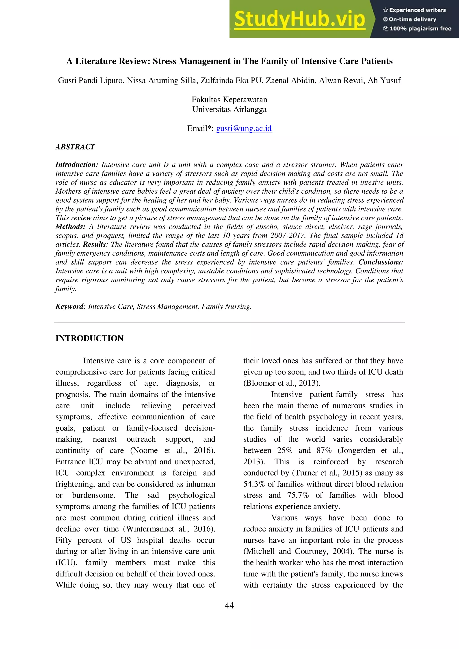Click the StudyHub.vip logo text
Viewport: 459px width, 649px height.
coord(300,19)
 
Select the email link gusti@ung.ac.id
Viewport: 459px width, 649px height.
coord(244,128)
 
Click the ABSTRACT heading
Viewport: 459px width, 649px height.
coord(75,147)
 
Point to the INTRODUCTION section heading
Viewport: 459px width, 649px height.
coord(89,338)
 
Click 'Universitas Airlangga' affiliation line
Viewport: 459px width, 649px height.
coord(229,109)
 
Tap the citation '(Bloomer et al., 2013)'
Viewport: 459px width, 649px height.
coord(281,383)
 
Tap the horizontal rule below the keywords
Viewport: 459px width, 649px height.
coord(229,322)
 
